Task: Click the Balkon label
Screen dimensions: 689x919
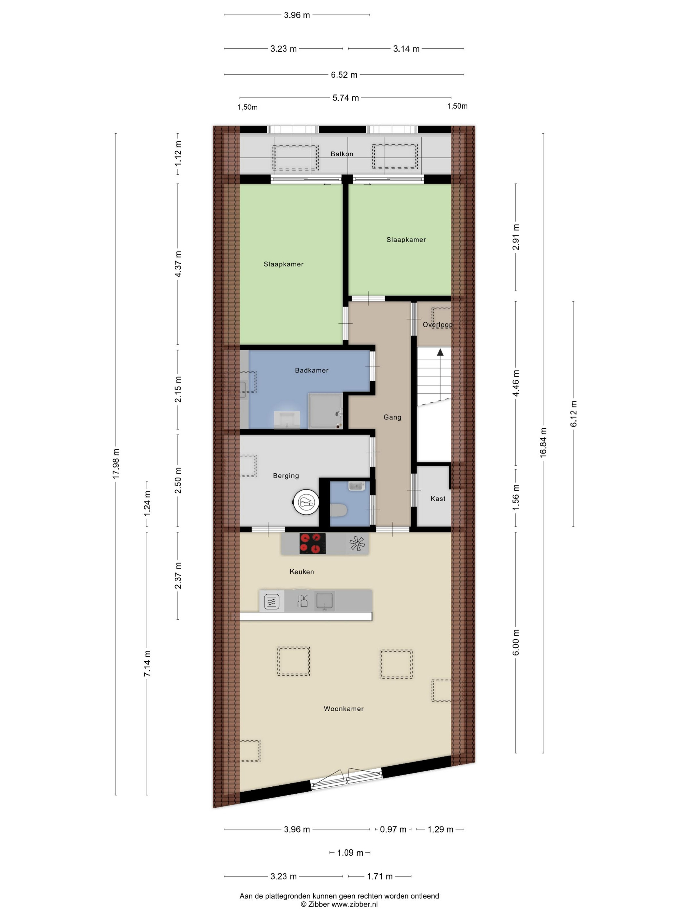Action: click(x=342, y=154)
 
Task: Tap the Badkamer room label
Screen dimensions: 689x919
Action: click(x=311, y=370)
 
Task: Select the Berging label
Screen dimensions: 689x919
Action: click(x=286, y=476)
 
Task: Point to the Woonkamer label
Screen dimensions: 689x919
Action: click(x=344, y=709)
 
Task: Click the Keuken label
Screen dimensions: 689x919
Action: click(x=302, y=572)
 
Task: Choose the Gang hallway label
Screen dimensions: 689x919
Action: click(x=392, y=417)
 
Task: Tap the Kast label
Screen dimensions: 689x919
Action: click(x=438, y=499)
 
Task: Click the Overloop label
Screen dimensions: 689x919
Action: click(x=438, y=325)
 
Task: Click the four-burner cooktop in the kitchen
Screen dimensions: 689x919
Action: click(x=312, y=544)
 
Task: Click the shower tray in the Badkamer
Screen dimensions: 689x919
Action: click(x=325, y=411)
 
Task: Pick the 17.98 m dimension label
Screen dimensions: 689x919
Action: click(x=116, y=464)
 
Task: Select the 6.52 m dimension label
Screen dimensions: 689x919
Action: click(x=344, y=75)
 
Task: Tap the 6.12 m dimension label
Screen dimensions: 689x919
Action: click(x=574, y=414)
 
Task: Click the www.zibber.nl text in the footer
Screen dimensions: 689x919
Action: click(x=355, y=904)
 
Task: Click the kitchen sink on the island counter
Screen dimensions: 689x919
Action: click(x=324, y=601)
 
